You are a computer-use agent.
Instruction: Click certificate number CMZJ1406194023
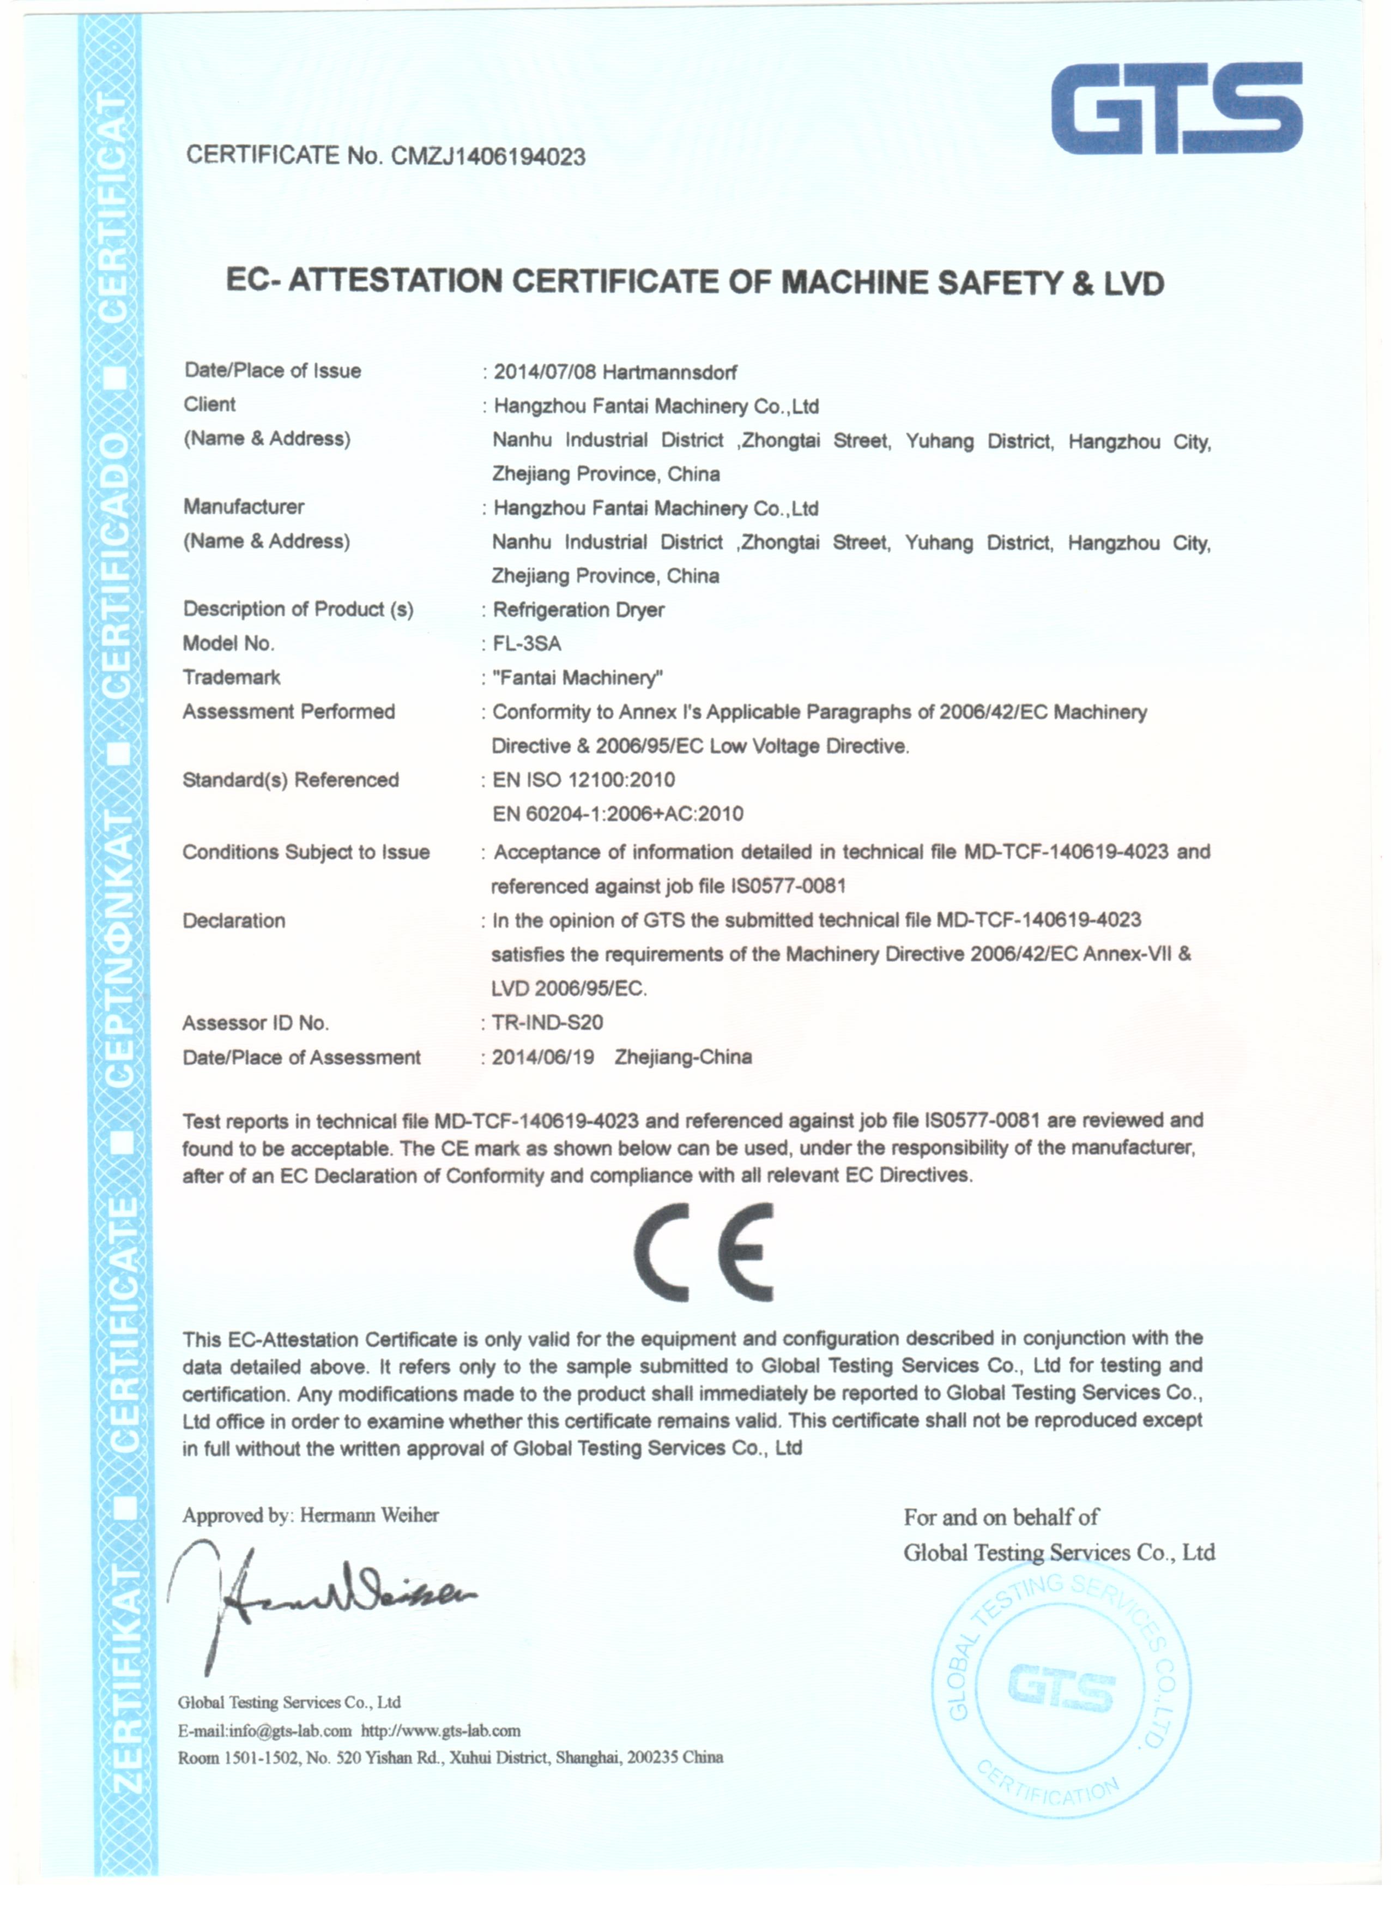coord(488,157)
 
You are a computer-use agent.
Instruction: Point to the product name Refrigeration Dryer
coord(579,610)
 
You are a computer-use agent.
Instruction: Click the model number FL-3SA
coord(527,644)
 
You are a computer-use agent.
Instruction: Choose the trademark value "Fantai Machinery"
coord(578,678)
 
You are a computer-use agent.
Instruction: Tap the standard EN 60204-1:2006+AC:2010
coord(618,814)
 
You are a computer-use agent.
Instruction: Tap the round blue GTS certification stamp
coord(1061,1691)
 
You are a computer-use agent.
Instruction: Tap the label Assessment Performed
coord(288,712)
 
